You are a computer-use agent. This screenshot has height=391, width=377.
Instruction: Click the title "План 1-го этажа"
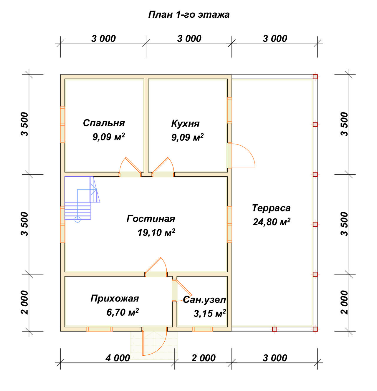tap(189, 15)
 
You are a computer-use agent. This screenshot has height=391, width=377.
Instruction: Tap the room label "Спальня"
tap(104, 123)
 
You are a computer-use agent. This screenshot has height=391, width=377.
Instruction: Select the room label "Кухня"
tap(185, 123)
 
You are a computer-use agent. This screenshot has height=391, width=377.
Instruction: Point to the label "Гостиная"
tap(151, 218)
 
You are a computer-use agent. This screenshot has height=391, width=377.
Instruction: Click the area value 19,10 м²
tap(156, 232)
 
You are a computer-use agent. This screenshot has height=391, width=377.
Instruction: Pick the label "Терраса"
tap(271, 208)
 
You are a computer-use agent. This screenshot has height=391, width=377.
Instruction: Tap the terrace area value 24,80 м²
tap(272, 222)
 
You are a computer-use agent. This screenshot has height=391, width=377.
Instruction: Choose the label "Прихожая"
tap(115, 299)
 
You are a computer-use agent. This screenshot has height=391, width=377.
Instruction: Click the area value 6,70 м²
tap(123, 312)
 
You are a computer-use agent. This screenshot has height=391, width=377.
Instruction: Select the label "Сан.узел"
tap(204, 300)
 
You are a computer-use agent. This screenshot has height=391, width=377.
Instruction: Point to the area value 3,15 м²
tap(210, 314)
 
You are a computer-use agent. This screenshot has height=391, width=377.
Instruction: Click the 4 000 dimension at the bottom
tap(118, 358)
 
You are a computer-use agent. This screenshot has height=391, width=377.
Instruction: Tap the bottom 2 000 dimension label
tap(203, 358)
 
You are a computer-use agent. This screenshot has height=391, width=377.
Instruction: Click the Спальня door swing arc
tap(121, 164)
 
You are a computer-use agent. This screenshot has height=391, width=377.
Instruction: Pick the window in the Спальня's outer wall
tap(62, 125)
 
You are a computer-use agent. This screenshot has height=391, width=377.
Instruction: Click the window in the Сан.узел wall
tap(202, 329)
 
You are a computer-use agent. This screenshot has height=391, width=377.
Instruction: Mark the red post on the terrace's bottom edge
tap(275, 329)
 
